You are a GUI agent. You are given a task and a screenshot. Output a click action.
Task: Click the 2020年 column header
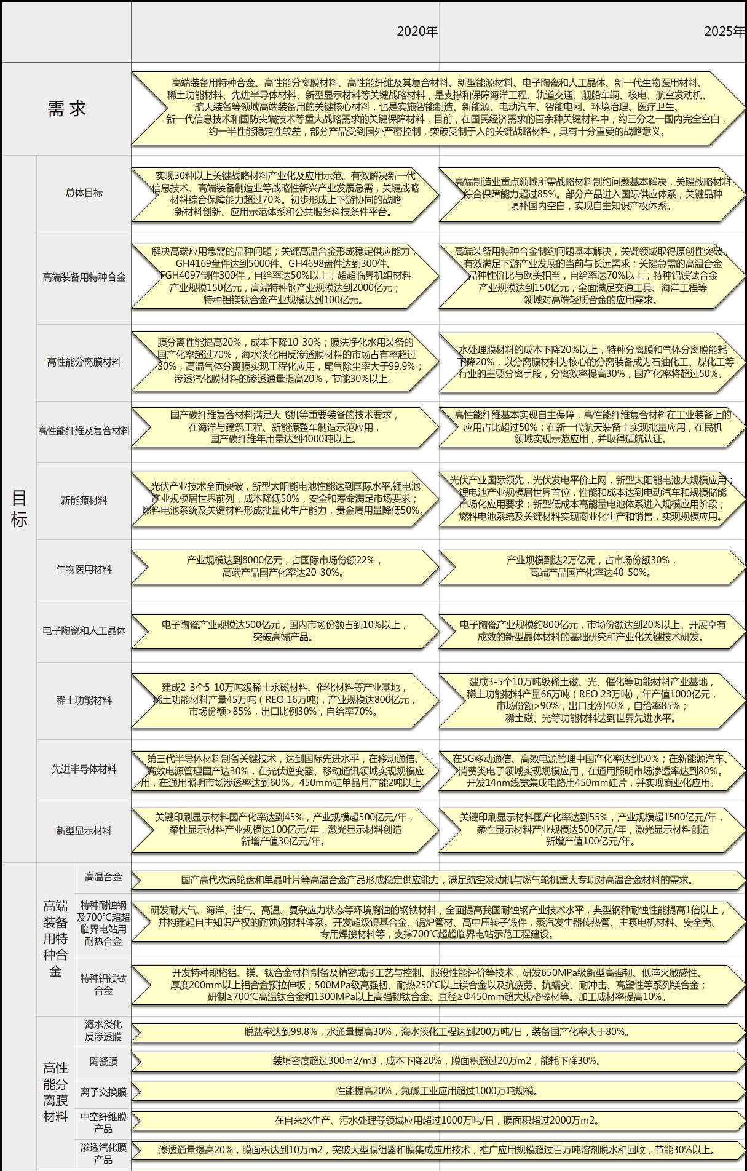coord(417,31)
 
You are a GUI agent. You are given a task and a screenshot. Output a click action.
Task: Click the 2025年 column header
coord(724,31)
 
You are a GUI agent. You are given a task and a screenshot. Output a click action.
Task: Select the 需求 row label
coord(66,109)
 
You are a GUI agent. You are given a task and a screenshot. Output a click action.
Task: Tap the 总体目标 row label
coord(84,193)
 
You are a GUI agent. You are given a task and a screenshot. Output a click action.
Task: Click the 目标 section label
coord(19,509)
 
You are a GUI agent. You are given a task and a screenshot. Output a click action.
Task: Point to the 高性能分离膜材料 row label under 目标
coord(84,362)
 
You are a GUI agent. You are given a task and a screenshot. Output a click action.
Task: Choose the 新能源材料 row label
coord(84,501)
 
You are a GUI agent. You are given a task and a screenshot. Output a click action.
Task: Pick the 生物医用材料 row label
coord(84,570)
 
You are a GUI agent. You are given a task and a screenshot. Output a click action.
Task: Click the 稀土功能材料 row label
coord(84,700)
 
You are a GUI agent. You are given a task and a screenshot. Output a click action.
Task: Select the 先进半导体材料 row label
coord(84,769)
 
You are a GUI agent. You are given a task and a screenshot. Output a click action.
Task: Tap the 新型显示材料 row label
coord(84,831)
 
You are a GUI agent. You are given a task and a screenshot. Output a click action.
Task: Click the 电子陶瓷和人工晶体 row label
coord(84,631)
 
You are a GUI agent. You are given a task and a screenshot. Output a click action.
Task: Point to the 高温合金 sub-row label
coord(103,877)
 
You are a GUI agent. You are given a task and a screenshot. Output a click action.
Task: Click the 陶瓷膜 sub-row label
coord(103,1062)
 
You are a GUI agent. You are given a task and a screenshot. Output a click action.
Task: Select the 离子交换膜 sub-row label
coord(103,1092)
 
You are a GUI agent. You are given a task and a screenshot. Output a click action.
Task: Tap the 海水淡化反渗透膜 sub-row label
coord(103,1031)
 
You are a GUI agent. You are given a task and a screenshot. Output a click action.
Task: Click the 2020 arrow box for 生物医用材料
coord(285,566)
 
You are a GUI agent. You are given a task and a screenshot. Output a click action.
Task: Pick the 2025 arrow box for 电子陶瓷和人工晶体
coord(592,631)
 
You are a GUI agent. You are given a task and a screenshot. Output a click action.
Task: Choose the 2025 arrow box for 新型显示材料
coord(592,829)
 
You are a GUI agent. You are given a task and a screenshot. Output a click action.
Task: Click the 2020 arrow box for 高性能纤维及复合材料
coord(285,427)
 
